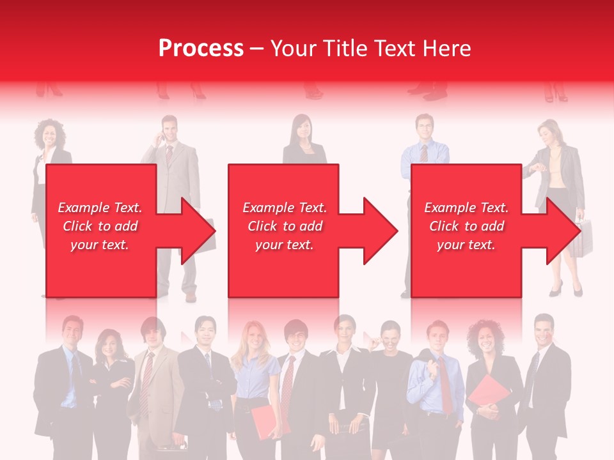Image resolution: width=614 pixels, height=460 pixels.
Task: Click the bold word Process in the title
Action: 201,48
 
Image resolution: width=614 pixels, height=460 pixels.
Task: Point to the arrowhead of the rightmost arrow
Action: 563,231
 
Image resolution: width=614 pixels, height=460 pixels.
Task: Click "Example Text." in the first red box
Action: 100,208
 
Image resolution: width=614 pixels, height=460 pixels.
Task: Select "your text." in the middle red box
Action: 284,245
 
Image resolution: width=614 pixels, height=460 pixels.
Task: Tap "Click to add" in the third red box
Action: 466,226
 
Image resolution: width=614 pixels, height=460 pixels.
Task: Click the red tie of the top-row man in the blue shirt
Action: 424,153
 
